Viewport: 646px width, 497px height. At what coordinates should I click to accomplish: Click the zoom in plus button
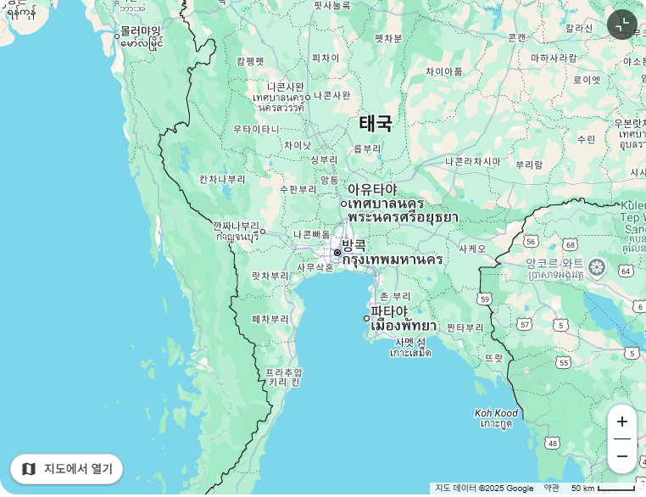(x=622, y=422)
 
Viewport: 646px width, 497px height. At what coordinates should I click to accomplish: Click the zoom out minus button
(x=622, y=456)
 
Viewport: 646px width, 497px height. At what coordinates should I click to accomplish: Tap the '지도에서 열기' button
(x=67, y=469)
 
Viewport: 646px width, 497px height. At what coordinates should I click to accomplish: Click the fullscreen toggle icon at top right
(x=622, y=25)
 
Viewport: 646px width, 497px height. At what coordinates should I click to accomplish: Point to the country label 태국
(x=376, y=124)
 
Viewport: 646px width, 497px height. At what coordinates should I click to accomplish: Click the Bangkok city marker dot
(x=337, y=253)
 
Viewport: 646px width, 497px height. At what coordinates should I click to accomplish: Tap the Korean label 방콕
(x=354, y=245)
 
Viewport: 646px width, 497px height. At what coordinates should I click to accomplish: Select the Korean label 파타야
(x=389, y=311)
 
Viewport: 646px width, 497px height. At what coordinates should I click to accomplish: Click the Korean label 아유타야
(x=372, y=189)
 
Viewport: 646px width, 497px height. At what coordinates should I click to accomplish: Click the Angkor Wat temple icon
(x=597, y=268)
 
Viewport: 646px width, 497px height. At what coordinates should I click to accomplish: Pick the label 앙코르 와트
(x=554, y=264)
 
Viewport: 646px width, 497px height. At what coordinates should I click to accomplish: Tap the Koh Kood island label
(x=496, y=414)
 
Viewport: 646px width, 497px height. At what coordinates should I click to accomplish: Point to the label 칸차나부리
(x=222, y=179)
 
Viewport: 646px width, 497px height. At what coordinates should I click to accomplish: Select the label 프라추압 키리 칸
(x=283, y=377)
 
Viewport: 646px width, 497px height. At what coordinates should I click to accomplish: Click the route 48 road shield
(x=553, y=443)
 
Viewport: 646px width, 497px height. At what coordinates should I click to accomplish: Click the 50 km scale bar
(x=603, y=489)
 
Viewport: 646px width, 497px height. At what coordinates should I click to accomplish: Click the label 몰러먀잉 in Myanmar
(x=140, y=31)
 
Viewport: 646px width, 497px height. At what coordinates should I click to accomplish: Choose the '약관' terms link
(x=551, y=489)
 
